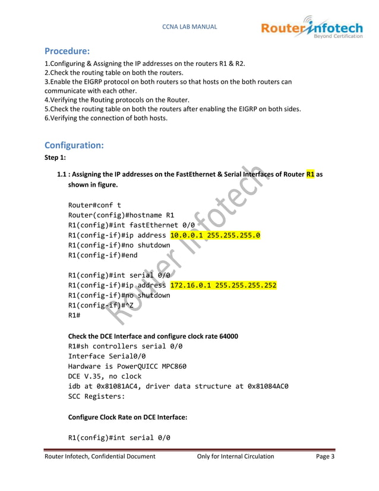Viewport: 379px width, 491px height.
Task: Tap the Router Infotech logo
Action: tap(311, 28)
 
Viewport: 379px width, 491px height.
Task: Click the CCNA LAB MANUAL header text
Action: tap(190, 27)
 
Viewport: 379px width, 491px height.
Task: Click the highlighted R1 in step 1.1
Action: tap(310, 175)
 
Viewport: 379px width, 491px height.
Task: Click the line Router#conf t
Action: tap(94, 205)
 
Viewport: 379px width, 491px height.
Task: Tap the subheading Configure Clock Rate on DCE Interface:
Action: tap(128, 418)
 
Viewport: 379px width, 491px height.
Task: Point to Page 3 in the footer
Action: tap(325, 457)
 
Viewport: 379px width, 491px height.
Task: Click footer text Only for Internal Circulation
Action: tap(235, 457)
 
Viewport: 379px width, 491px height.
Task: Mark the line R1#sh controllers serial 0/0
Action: tap(125, 346)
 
